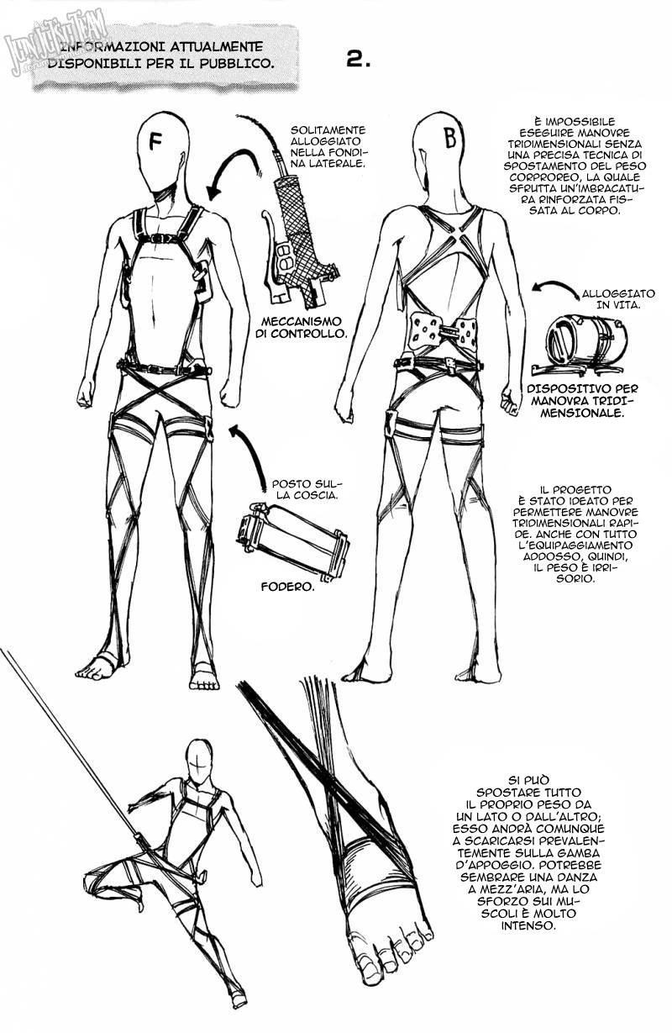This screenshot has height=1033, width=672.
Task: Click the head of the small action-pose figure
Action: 198,764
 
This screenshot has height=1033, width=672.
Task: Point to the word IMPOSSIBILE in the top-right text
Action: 569,121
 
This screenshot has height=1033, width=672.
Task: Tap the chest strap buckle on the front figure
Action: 165,239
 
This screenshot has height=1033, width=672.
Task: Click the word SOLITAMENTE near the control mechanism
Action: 328,129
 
